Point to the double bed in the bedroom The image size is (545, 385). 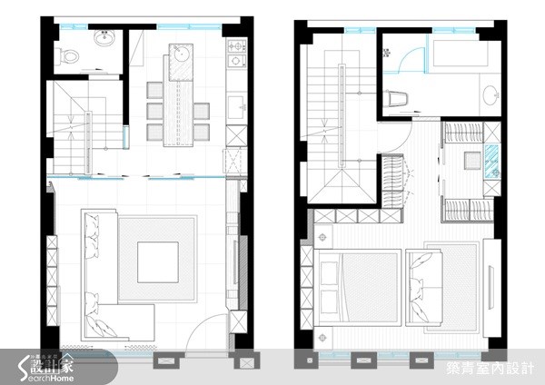coord(358,287)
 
